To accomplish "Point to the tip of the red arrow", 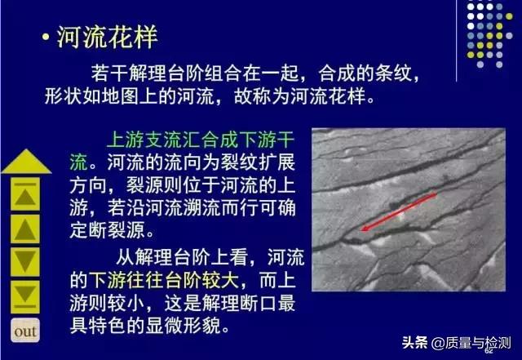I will tap(361, 232).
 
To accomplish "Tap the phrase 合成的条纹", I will tap(362, 74).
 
